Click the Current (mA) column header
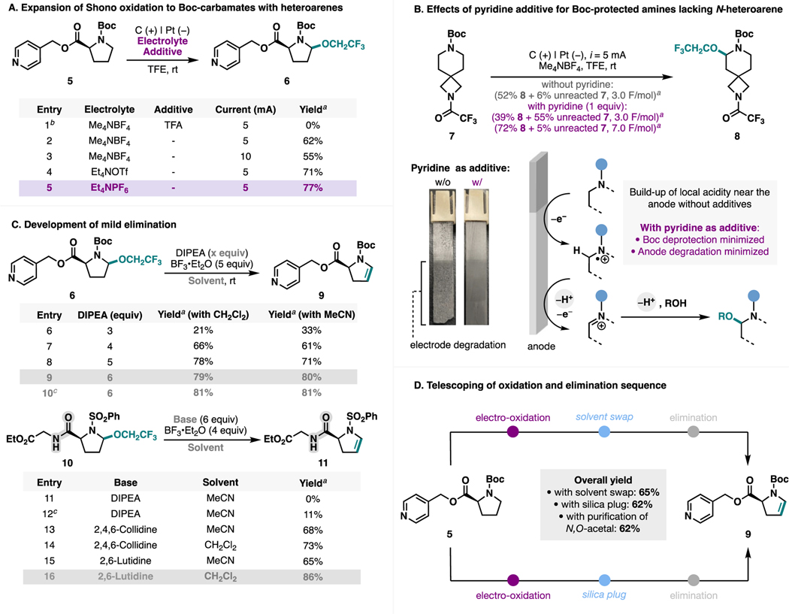tap(249, 109)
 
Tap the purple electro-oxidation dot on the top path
tap(513, 432)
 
